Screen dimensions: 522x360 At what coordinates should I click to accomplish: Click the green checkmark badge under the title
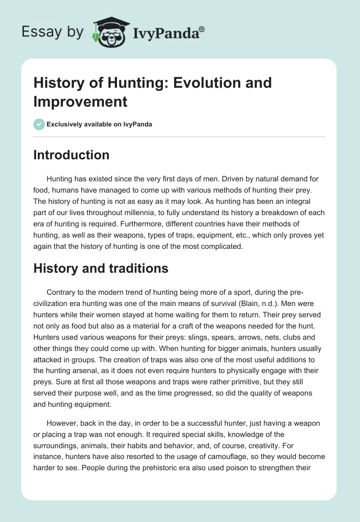click(x=39, y=124)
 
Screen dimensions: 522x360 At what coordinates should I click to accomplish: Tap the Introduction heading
click(x=72, y=155)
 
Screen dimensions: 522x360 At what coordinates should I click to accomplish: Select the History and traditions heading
click(x=101, y=269)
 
